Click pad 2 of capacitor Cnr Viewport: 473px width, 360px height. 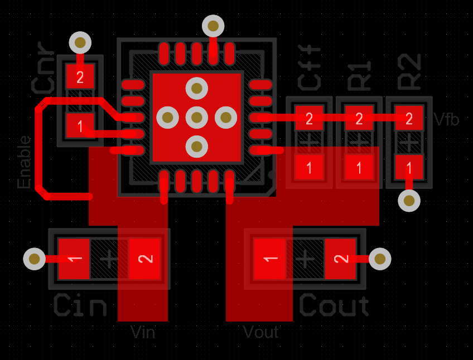[80, 77]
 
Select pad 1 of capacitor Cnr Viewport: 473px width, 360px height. [80, 125]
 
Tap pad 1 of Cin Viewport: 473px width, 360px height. [74, 259]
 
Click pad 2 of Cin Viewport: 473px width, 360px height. [145, 259]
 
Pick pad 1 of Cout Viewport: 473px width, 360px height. [270, 259]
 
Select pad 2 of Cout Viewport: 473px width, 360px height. [340, 259]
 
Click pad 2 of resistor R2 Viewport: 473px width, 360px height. [409, 118]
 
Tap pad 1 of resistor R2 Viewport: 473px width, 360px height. [409, 167]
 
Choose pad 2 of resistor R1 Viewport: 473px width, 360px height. [359, 118]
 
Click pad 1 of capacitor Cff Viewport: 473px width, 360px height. [309, 167]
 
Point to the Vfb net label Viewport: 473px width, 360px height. [446, 119]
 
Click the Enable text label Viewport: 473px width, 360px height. [25, 162]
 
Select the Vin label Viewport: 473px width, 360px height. [142, 333]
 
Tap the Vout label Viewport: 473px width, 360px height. [260, 333]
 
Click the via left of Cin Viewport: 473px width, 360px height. [35, 259]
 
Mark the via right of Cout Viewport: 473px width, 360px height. [380, 259]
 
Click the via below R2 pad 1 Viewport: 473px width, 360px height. [409, 201]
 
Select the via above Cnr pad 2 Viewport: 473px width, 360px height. [80, 42]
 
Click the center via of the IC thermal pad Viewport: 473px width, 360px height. [196, 117]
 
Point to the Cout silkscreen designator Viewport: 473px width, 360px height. [334, 306]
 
